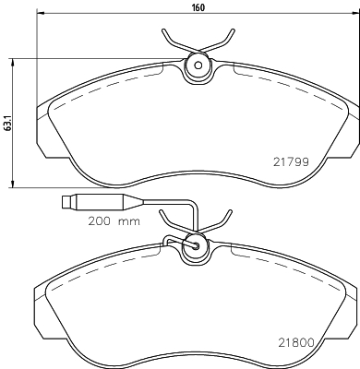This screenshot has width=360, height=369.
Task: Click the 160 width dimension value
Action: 198,7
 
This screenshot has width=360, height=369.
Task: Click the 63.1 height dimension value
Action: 7,123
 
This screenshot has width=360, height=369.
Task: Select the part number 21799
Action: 291,161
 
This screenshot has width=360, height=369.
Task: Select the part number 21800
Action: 296,342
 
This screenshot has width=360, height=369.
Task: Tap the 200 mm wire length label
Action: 114,221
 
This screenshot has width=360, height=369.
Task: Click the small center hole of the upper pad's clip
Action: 198,65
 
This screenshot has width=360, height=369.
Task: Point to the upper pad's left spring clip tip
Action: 163,30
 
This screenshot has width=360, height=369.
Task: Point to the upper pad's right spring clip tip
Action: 234,30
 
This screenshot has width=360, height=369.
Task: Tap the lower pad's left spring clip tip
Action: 161,212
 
